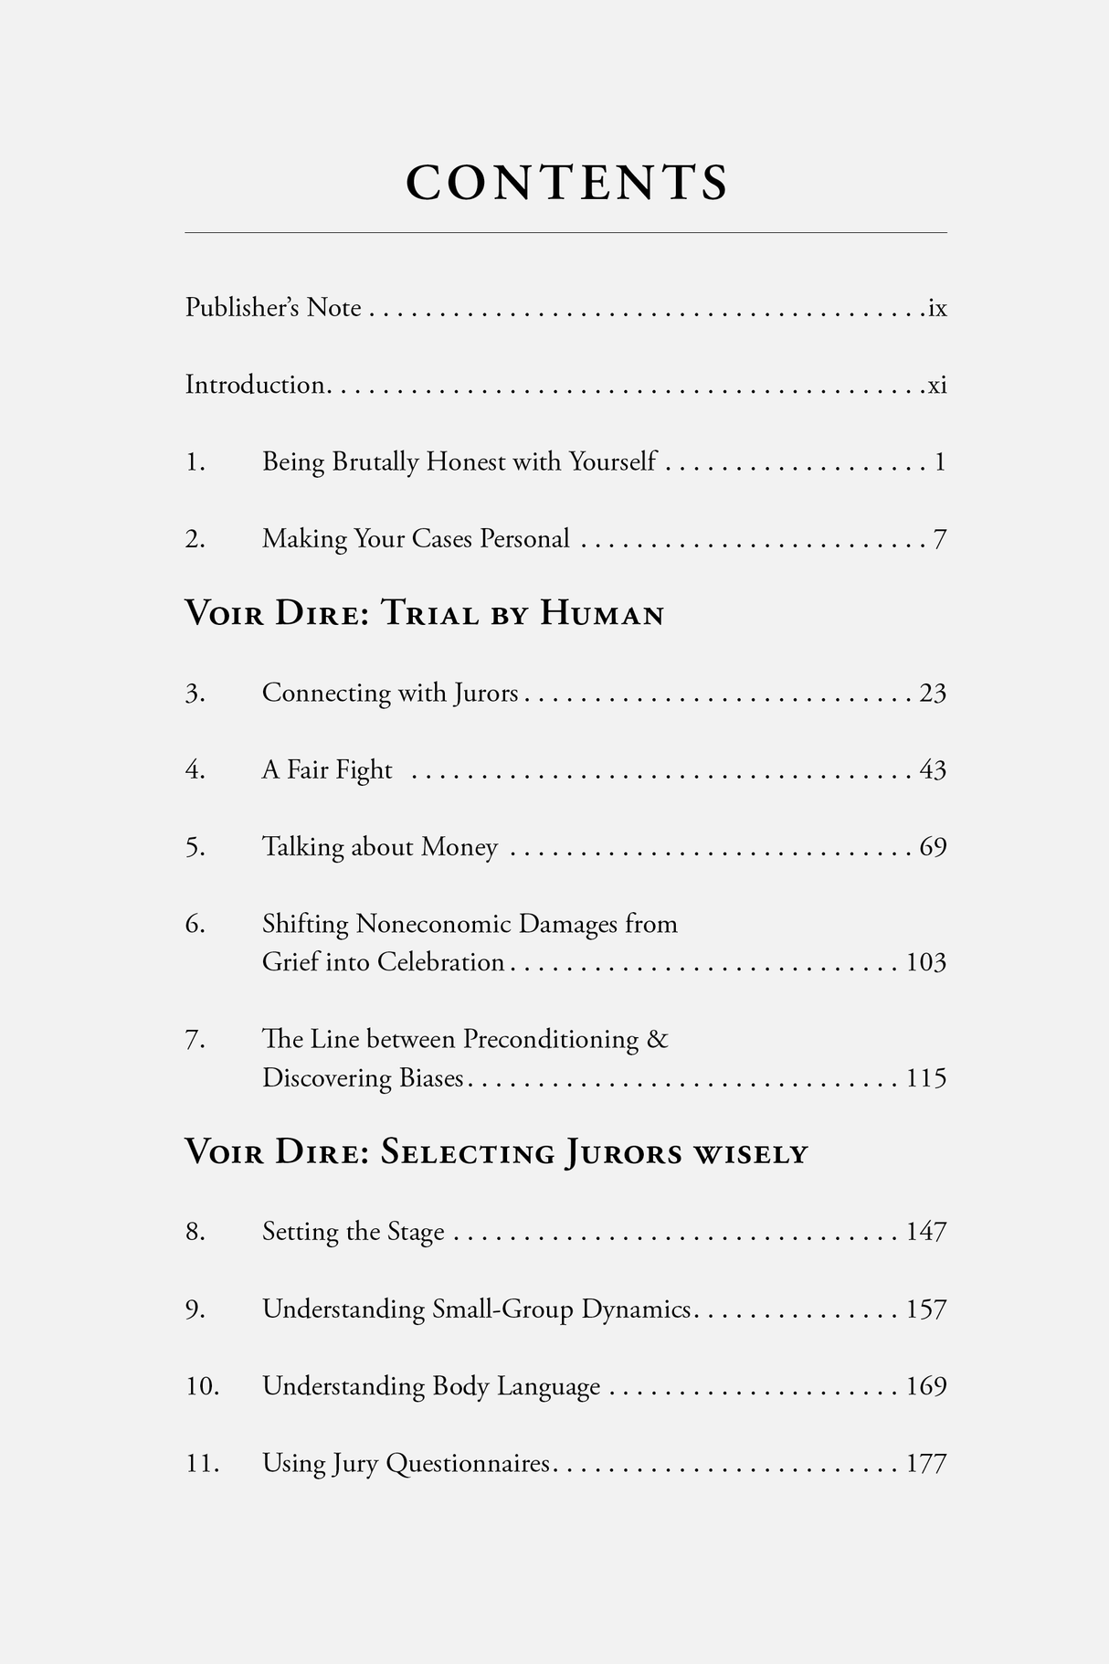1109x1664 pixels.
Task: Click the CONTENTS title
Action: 567,182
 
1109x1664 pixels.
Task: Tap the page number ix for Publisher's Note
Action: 937,308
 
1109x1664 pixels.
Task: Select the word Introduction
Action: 255,385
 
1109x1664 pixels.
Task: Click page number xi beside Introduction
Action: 937,386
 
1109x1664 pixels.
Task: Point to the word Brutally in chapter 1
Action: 375,462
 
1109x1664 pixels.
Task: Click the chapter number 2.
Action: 195,539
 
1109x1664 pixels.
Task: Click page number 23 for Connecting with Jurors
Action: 933,694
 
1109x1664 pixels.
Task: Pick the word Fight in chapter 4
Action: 364,770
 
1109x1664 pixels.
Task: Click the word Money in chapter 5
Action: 459,847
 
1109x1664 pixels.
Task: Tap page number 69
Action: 933,847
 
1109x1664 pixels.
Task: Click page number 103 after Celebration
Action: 925,962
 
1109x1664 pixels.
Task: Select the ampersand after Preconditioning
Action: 657,1039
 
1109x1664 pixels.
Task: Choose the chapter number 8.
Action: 195,1232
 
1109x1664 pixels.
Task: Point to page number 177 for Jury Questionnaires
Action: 925,1464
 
